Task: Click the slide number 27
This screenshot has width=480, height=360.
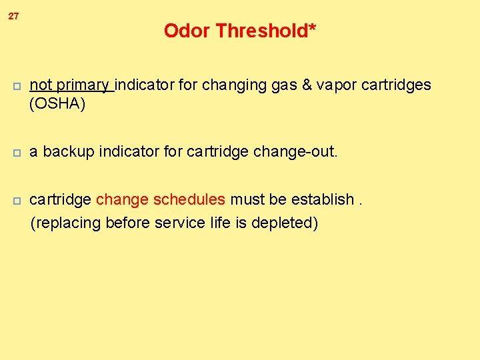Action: click(13, 16)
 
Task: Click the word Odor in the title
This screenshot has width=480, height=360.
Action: click(187, 31)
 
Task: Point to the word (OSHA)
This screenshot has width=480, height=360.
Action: click(57, 104)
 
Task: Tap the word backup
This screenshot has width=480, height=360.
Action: click(69, 152)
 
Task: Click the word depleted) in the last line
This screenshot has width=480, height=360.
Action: click(287, 223)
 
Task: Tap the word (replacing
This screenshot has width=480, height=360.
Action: click(62, 223)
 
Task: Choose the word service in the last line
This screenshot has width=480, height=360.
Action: click(177, 223)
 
